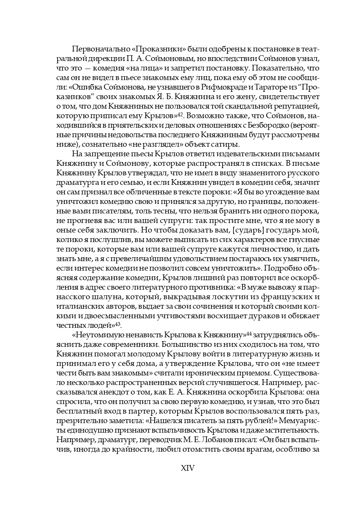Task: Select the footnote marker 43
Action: coord(118,324)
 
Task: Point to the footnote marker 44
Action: coord(249,334)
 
